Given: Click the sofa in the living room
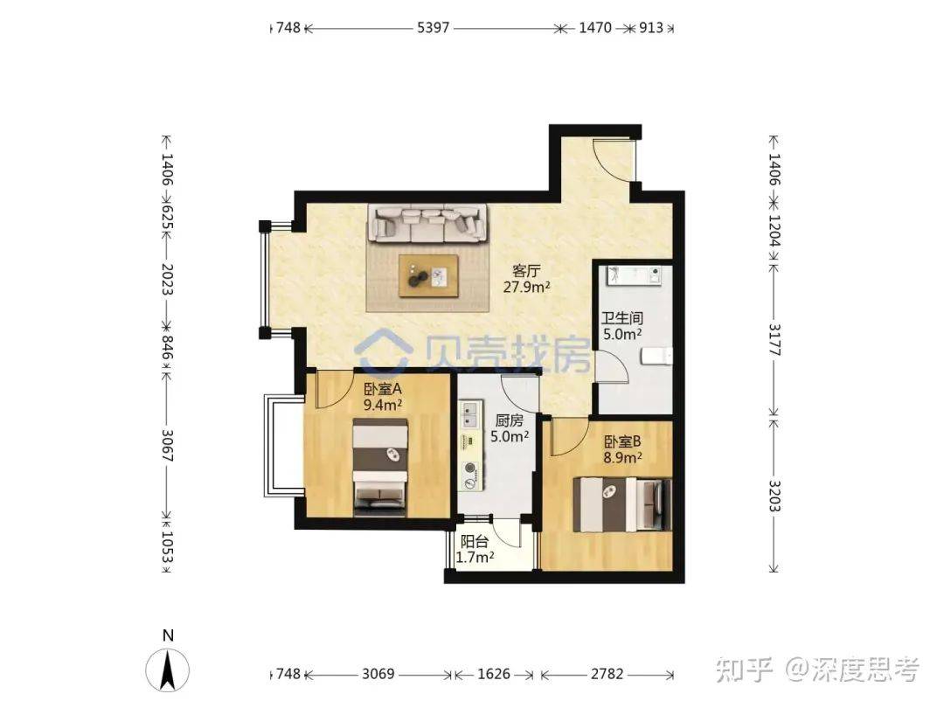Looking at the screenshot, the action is point(427,224).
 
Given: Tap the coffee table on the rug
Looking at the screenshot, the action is point(428,275).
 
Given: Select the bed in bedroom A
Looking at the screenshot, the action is point(380,467).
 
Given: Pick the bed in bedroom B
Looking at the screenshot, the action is point(622,504).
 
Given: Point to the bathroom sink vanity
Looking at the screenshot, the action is point(634,274).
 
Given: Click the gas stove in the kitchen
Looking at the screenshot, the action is point(469,475).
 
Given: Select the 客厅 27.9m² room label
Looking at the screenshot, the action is point(527,279).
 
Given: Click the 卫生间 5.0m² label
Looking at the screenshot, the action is point(622,326).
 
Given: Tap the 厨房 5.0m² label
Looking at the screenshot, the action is point(510,428).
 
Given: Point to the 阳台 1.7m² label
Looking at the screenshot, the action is point(475,550).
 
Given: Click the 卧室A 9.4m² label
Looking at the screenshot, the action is point(383,397).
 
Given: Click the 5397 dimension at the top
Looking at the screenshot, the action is point(434,28).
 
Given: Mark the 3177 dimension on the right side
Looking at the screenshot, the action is point(774,340).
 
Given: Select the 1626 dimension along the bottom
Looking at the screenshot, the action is point(494,674).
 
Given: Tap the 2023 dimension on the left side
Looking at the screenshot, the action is point(167,279).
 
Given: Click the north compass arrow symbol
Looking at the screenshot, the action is point(167,670).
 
